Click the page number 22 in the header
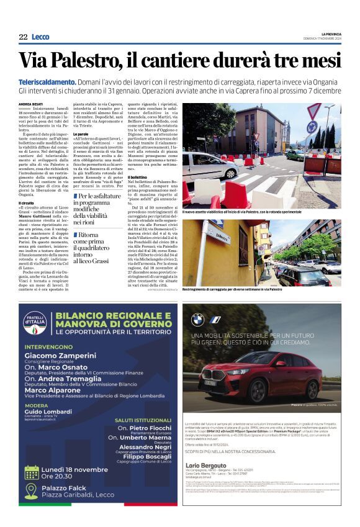[23, 37]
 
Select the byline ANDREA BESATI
[30, 104]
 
